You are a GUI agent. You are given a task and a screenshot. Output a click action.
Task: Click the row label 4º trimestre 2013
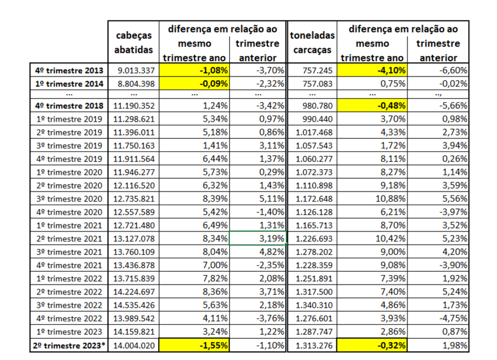click(x=70, y=70)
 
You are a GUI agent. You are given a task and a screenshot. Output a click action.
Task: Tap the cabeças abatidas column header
click(x=133, y=43)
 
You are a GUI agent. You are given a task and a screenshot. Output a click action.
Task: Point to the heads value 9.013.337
click(x=136, y=70)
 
